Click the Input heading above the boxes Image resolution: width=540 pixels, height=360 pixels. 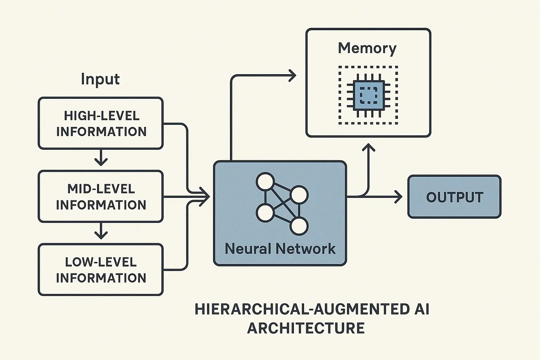tap(100, 79)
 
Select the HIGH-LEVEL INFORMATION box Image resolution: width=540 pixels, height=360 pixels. tap(101, 123)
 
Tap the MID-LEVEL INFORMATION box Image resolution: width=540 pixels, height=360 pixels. tap(101, 197)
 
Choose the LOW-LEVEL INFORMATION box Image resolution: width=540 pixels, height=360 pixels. tap(101, 270)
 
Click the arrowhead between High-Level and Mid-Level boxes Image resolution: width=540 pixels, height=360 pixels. tap(101, 161)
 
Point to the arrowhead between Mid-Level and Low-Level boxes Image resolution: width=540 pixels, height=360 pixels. tap(101, 234)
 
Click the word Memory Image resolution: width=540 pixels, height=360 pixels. tap(367, 48)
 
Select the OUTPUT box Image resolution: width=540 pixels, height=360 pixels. tap(454, 197)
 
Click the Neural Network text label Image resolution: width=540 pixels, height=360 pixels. tap(280, 249)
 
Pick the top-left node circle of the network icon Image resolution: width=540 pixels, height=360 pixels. tap(265, 181)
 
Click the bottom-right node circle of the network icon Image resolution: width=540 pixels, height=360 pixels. tap(299, 226)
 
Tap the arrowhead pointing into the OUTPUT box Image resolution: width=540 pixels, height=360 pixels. tap(398, 197)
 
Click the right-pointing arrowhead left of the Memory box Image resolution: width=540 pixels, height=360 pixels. tap(292, 75)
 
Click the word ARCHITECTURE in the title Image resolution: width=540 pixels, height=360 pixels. tap(306, 328)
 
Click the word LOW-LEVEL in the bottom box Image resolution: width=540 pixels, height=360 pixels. tap(101, 262)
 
